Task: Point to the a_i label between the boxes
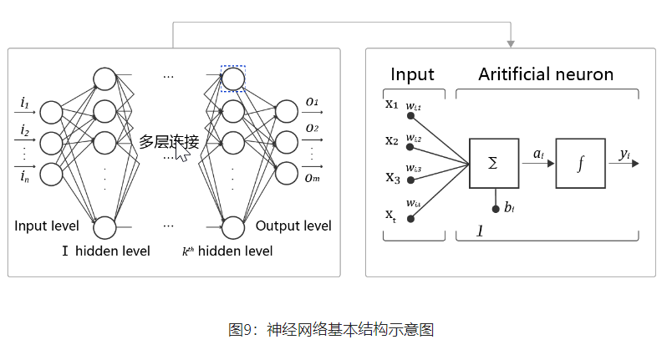(538, 153)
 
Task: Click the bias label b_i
(508, 207)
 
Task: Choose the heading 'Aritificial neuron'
(546, 74)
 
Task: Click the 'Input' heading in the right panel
(412, 74)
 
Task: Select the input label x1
(392, 104)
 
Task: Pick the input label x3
(392, 177)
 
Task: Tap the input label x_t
(390, 215)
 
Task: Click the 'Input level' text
(47, 226)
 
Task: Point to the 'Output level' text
(293, 226)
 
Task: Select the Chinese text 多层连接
(169, 141)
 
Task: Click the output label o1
(312, 102)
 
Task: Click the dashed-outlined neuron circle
(233, 79)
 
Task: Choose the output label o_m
(312, 176)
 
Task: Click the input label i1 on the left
(24, 104)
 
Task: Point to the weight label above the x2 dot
(414, 138)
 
